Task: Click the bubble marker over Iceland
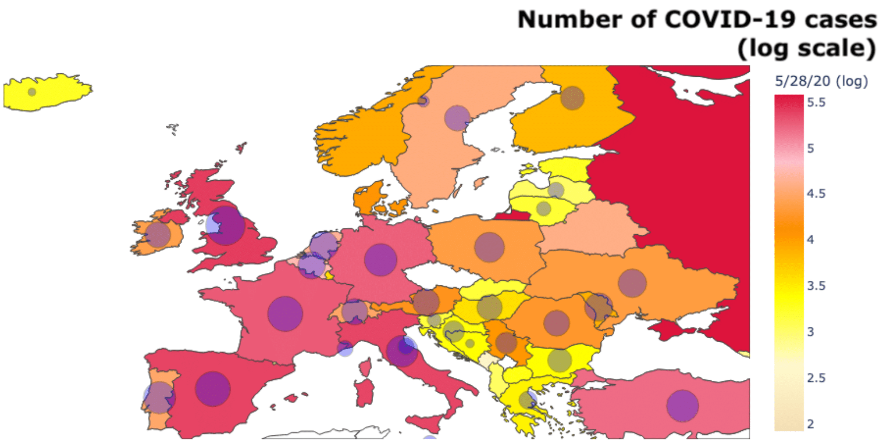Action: pyautogui.click(x=32, y=92)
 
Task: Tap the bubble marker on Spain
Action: pyautogui.click(x=213, y=389)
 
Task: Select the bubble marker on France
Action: pyautogui.click(x=285, y=314)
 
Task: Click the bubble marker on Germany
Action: pyautogui.click(x=381, y=260)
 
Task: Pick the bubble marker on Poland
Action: pyautogui.click(x=489, y=247)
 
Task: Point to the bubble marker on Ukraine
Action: pyautogui.click(x=632, y=283)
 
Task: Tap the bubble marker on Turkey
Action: pyautogui.click(x=683, y=406)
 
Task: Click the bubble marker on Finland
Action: pyautogui.click(x=572, y=97)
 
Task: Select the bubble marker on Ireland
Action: pyautogui.click(x=158, y=235)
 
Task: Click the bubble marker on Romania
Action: pyautogui.click(x=556, y=323)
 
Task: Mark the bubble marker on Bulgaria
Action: pyautogui.click(x=559, y=360)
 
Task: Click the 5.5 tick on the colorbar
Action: pyautogui.click(x=816, y=102)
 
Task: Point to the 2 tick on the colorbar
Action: pyautogui.click(x=810, y=424)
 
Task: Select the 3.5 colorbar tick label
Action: pyautogui.click(x=816, y=286)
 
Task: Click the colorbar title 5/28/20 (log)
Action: pyautogui.click(x=821, y=81)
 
